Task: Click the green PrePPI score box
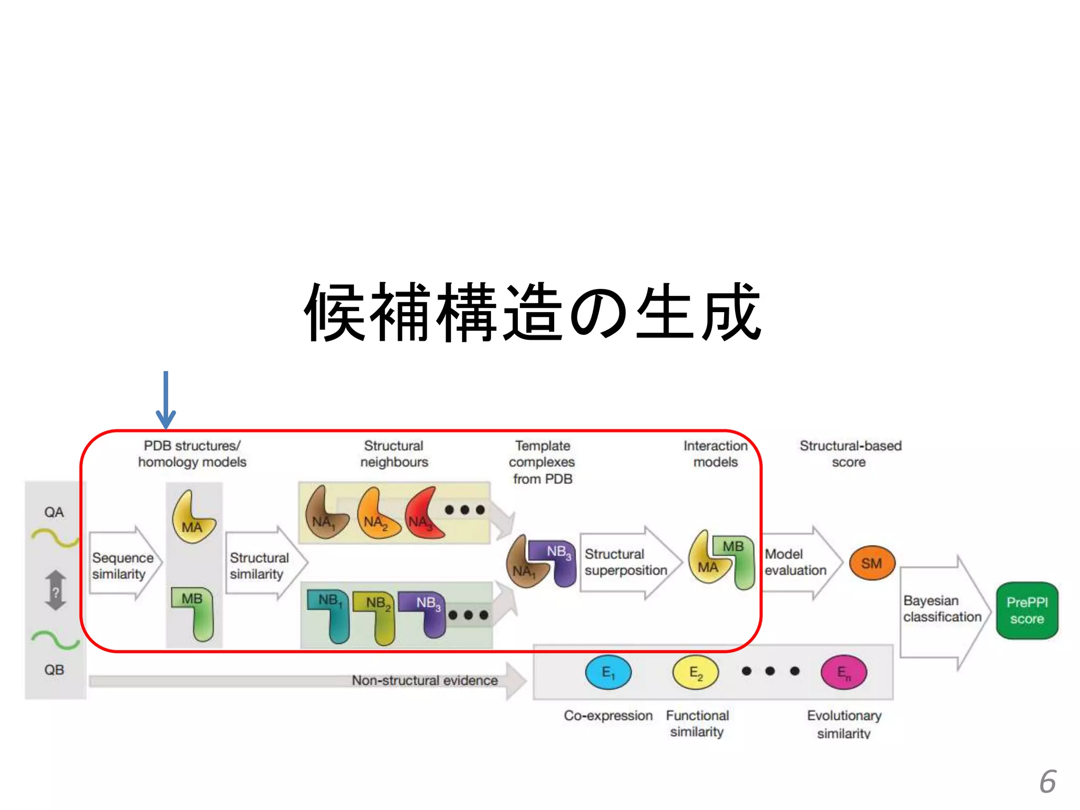click(1027, 611)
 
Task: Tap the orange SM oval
click(872, 563)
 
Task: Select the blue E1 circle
click(608, 672)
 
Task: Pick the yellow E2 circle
click(695, 672)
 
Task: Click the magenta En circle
click(844, 672)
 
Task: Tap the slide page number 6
click(1047, 782)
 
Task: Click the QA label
click(54, 512)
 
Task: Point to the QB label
click(54, 670)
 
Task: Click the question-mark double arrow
click(56, 591)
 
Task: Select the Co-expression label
click(608, 716)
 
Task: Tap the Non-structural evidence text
click(425, 680)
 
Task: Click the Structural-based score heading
click(850, 454)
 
